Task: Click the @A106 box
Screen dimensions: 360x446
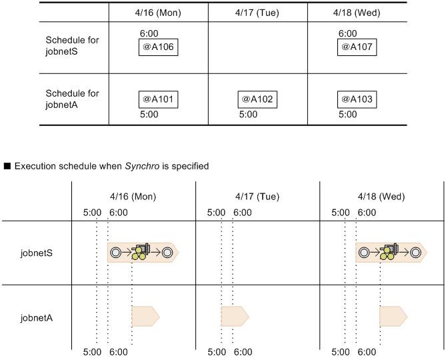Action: pos(159,47)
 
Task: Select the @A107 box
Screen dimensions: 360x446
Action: pos(356,47)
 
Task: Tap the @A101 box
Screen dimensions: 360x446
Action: pos(158,99)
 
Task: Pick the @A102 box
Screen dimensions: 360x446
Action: pos(257,99)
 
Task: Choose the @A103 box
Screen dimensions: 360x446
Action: pos(356,99)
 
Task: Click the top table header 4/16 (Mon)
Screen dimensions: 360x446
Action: pos(158,13)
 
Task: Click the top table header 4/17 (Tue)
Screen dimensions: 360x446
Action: pos(257,13)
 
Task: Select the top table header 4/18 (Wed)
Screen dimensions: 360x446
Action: pos(357,13)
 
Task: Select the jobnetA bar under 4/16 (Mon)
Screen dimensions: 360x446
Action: pos(145,316)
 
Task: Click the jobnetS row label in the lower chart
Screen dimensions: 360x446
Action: pos(37,253)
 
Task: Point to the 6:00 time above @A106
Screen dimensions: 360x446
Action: pos(149,33)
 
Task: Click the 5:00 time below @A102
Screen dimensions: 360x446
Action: pos(248,115)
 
